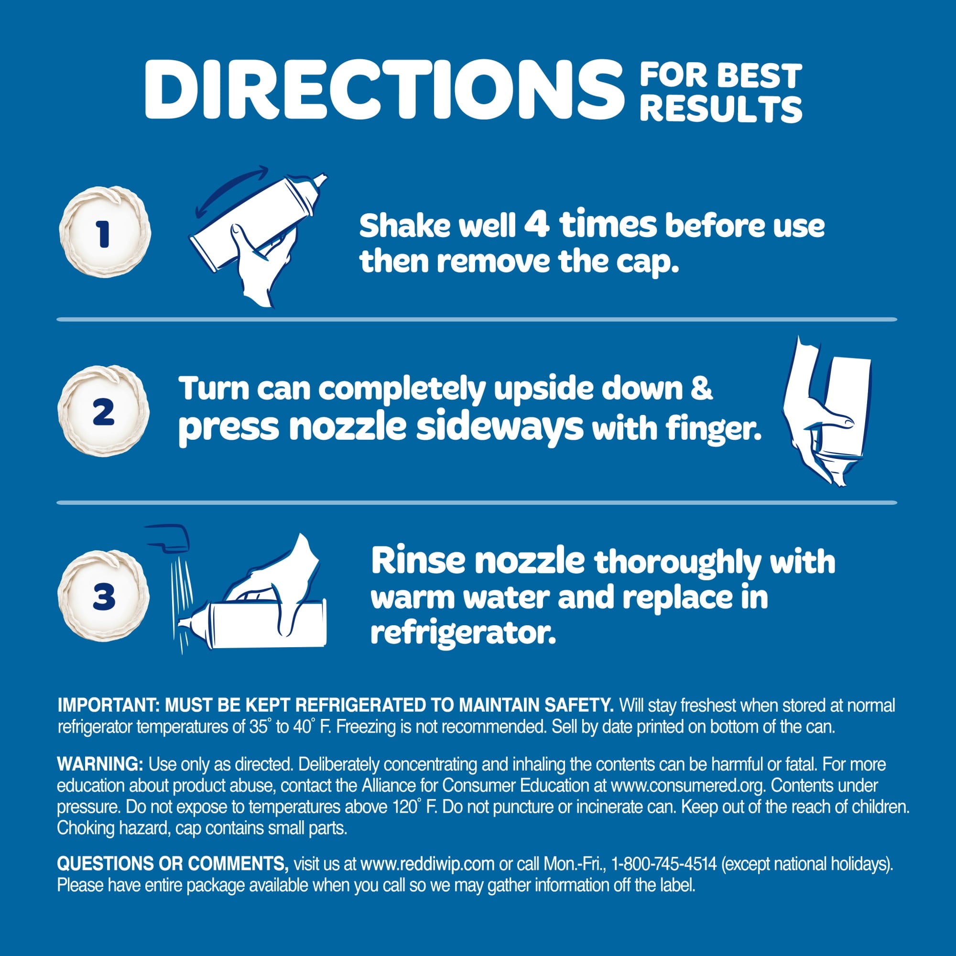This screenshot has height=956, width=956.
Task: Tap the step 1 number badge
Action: click(104, 233)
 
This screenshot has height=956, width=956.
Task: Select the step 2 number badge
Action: click(103, 411)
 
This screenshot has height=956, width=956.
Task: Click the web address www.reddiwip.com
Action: click(427, 864)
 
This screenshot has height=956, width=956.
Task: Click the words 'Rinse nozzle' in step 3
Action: click(478, 561)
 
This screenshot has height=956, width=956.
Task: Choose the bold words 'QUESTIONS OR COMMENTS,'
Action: click(173, 864)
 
